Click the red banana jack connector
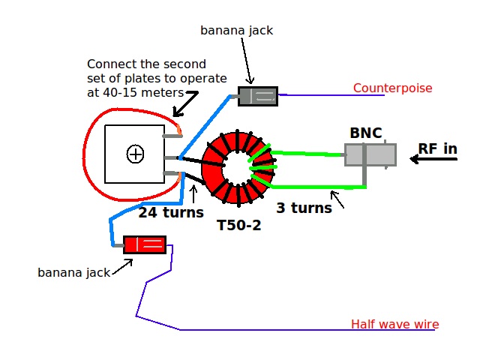(144, 244)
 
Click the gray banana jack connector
(257, 96)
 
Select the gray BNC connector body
(370, 154)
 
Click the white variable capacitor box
(134, 154)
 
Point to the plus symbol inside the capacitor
(135, 154)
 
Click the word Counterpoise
(392, 88)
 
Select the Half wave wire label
(394, 325)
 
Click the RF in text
(437, 149)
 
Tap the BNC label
(365, 133)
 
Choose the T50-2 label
(238, 225)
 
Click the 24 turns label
(171, 213)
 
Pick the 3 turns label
(304, 208)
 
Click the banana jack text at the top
(237, 31)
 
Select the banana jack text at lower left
(73, 273)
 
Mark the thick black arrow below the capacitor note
(185, 102)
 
